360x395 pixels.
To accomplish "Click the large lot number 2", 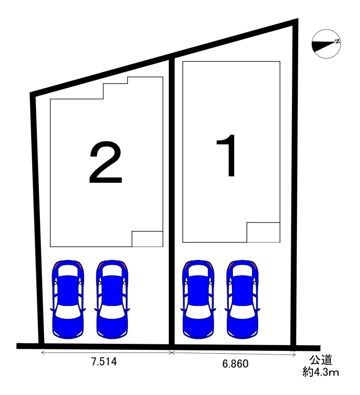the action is tap(106, 162).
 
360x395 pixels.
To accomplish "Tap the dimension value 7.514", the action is tap(104, 362).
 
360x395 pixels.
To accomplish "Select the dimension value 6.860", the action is tap(235, 364).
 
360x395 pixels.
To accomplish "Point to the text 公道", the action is tap(321, 360).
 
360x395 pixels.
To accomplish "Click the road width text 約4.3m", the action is tap(321, 372).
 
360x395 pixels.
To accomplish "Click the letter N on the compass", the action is tap(337, 41).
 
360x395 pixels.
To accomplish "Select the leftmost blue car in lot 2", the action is tap(68, 299).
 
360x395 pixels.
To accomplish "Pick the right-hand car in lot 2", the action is tap(112, 299).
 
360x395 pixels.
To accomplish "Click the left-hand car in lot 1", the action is tap(198, 299).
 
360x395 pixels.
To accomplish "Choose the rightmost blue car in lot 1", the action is tap(243, 299).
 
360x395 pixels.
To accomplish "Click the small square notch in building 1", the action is tap(263, 232).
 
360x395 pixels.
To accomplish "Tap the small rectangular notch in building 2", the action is tap(147, 239).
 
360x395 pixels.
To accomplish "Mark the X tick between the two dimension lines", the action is tap(172, 353).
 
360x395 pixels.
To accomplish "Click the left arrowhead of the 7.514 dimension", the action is tap(42, 353).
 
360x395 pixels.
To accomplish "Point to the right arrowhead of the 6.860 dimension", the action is tap(294, 355).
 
